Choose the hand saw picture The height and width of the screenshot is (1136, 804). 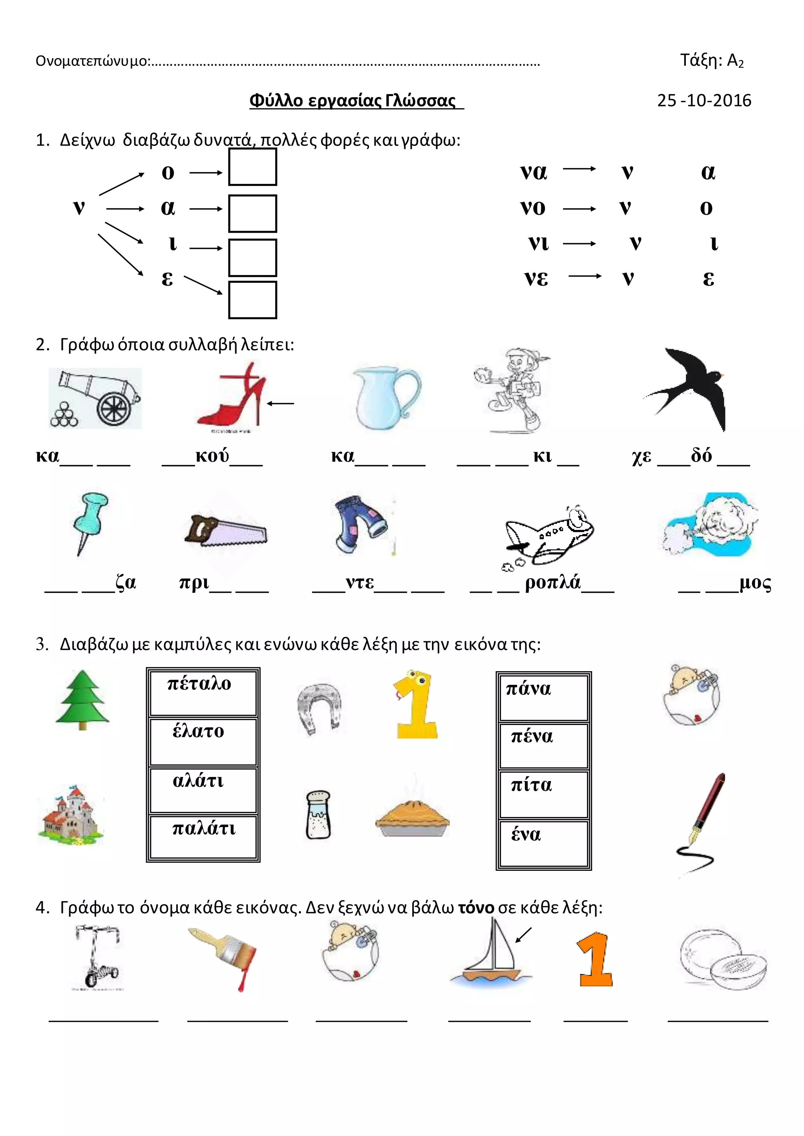point(226,530)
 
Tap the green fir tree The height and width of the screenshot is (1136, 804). point(82,700)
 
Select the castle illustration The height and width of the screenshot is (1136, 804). point(70,814)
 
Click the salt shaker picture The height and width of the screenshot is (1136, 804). point(318,814)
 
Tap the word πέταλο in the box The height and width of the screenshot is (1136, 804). point(199,684)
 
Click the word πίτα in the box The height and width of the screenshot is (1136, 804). point(531,785)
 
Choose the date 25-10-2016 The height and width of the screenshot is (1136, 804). point(704,100)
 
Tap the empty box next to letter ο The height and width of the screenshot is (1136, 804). point(252,167)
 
